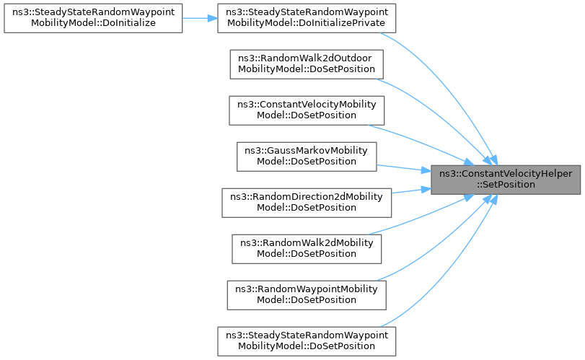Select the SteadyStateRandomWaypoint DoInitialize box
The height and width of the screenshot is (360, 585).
click(92, 17)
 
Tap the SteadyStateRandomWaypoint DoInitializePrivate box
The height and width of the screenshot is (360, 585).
click(307, 17)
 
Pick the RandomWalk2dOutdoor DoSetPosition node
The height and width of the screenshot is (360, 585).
click(307, 63)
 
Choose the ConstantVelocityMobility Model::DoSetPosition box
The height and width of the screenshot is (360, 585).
click(307, 110)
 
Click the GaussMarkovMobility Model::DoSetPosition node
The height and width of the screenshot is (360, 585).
click(307, 156)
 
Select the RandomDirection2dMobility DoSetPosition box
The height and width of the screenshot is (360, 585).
click(307, 202)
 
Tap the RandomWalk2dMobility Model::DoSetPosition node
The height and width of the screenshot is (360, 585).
click(307, 248)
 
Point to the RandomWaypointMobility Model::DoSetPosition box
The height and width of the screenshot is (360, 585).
click(307, 294)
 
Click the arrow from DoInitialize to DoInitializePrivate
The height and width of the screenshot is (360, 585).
click(200, 17)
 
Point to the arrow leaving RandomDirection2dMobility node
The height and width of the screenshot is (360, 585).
click(411, 190)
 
